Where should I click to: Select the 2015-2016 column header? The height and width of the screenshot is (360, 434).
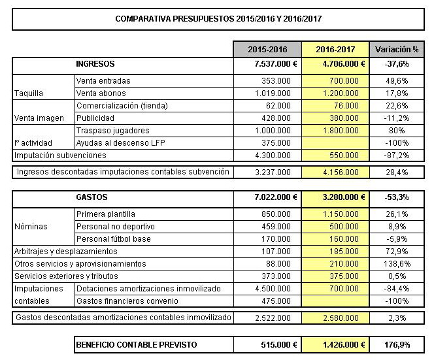[267, 50]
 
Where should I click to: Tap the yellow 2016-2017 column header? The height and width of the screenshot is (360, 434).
[335, 50]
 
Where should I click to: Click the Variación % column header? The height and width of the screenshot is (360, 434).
[395, 50]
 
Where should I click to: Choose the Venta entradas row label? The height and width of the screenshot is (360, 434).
[103, 81]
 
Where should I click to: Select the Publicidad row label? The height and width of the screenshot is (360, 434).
[95, 118]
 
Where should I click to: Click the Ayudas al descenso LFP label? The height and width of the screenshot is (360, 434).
[113, 143]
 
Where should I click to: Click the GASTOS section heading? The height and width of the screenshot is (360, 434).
[92, 197]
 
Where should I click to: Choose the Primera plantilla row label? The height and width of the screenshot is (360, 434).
[106, 214]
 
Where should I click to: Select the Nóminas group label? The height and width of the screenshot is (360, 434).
[28, 226]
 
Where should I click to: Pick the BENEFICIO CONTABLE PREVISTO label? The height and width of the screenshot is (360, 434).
[136, 344]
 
